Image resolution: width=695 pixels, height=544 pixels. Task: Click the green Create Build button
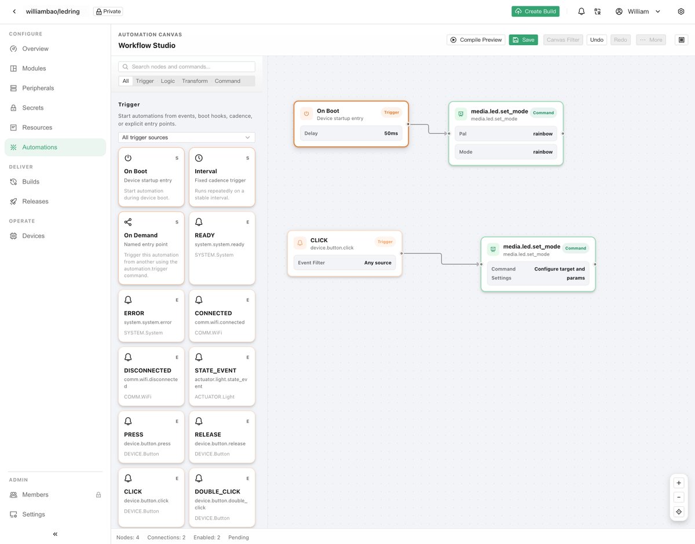pyautogui.click(x=535, y=12)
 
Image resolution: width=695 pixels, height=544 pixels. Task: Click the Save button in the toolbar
pyautogui.click(x=523, y=40)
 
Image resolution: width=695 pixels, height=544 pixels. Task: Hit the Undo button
pyautogui.click(x=597, y=40)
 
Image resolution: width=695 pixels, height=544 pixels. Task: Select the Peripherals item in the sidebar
pyautogui.click(x=38, y=88)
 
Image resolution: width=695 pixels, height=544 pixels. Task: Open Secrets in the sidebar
pyautogui.click(x=32, y=108)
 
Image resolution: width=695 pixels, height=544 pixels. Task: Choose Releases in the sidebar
pyautogui.click(x=35, y=201)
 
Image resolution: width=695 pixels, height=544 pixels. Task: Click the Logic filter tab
pyautogui.click(x=167, y=81)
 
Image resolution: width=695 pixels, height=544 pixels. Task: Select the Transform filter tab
pyautogui.click(x=195, y=81)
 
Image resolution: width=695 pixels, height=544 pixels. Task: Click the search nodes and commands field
pyautogui.click(x=187, y=67)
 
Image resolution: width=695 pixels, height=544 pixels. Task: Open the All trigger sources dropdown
pyautogui.click(x=187, y=137)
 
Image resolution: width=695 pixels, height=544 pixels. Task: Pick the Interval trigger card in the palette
pyautogui.click(x=222, y=177)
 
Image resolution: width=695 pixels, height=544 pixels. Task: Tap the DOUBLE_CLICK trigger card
pyautogui.click(x=222, y=498)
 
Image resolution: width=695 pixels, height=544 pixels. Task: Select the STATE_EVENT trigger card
pyautogui.click(x=222, y=377)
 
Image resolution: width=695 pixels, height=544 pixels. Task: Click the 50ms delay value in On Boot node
pyautogui.click(x=391, y=133)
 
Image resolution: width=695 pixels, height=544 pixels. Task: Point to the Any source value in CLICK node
pyautogui.click(x=378, y=262)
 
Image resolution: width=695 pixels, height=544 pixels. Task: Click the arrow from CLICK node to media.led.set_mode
pyautogui.click(x=442, y=259)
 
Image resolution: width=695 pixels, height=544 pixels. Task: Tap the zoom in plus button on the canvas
pyautogui.click(x=678, y=483)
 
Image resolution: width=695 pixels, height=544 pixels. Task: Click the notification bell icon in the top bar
pyautogui.click(x=581, y=12)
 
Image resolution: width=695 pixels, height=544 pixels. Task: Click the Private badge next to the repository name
pyautogui.click(x=108, y=12)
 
